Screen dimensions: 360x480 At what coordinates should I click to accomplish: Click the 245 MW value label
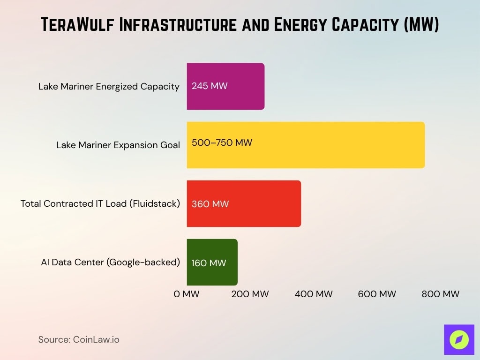tap(210, 86)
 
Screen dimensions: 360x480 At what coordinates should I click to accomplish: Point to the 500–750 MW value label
tap(222, 142)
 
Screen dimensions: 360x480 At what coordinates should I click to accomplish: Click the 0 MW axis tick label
tap(187, 294)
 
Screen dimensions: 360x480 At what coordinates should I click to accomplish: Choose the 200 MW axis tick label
tap(250, 294)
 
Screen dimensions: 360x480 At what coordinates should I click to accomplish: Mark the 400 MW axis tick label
tap(314, 294)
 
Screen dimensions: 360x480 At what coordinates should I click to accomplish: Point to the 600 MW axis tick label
tap(377, 294)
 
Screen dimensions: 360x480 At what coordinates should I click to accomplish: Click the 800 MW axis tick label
tap(440, 294)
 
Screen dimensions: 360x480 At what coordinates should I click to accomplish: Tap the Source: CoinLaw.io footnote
tap(79, 339)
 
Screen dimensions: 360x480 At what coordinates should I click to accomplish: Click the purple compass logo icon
tap(459, 339)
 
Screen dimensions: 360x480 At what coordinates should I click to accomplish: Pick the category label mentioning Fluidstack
tap(100, 203)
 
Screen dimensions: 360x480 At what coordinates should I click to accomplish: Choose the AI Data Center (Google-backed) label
tap(110, 262)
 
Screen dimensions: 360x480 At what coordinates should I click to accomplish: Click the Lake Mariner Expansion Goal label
tap(118, 145)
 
